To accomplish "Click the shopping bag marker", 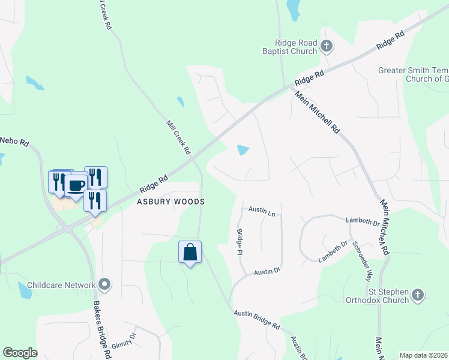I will [190, 252].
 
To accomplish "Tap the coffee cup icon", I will [76, 185].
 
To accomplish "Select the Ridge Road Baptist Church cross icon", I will [326, 46].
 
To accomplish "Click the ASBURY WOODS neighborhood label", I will [170, 202].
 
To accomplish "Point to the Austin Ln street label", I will [262, 212].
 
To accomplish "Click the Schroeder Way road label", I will [363, 261].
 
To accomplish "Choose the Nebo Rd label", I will [14, 141].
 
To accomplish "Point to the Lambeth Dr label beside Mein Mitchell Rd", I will [363, 222].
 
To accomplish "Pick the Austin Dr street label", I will [267, 272].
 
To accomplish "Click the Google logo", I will [20, 352].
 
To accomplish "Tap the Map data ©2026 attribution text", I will [423, 355].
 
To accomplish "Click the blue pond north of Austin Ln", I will [243, 150].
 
